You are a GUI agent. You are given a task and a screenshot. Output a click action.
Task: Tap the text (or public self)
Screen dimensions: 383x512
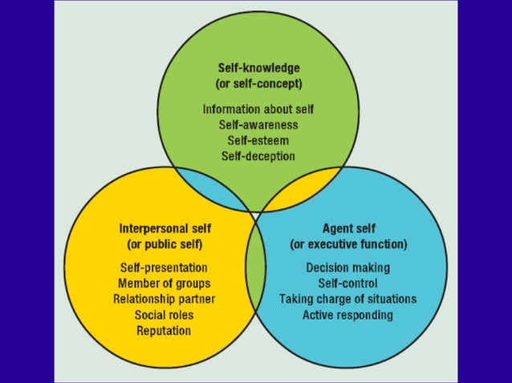164,244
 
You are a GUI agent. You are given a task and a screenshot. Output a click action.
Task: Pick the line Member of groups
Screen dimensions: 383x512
164,284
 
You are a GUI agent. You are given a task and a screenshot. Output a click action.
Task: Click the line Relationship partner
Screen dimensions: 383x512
164,299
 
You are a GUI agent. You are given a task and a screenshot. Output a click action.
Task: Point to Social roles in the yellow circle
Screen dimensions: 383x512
164,315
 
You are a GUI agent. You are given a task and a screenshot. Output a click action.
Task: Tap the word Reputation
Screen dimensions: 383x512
164,330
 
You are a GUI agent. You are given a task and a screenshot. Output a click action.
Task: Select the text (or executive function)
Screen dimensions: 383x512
348,244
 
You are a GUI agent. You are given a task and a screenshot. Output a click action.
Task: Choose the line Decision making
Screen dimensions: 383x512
348,268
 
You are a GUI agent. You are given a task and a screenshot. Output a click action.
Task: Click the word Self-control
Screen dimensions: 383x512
348,284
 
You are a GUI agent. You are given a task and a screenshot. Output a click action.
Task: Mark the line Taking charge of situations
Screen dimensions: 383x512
348,299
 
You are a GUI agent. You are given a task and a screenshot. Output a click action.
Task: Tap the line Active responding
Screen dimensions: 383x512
348,315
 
